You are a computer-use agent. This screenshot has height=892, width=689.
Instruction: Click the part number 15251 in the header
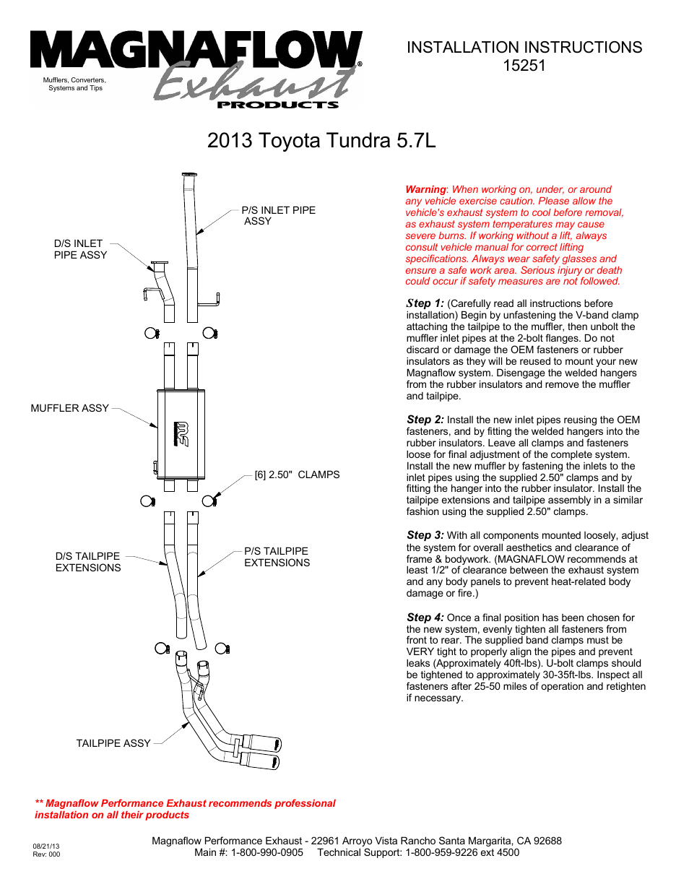coord(524,66)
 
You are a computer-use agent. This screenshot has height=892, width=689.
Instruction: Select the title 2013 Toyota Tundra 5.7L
coord(321,140)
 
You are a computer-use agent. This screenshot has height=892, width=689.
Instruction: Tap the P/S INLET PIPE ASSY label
coord(278,215)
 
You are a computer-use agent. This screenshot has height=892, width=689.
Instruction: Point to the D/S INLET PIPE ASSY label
coord(80,249)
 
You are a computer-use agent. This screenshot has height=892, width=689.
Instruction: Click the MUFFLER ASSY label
coord(69,408)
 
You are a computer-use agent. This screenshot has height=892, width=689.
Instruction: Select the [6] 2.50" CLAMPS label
coord(297,475)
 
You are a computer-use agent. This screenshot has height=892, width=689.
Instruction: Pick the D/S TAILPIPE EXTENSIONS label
coord(88,562)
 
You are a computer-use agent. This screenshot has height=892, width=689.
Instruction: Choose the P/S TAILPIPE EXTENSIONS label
coord(277,557)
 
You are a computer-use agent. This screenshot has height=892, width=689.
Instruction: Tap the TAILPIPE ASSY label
coord(113,743)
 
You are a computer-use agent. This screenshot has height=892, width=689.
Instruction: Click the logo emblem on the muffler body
coord(181,434)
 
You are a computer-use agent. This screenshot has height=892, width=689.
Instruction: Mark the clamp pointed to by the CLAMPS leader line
coord(209,501)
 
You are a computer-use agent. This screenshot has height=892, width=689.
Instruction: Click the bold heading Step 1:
coord(425,303)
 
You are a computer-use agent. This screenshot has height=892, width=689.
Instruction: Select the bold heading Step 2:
coord(425,420)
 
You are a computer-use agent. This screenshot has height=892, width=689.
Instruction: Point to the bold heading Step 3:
coord(425,535)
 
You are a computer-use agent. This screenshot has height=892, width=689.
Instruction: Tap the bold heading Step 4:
coord(425,618)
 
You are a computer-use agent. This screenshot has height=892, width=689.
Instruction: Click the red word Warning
coord(425,189)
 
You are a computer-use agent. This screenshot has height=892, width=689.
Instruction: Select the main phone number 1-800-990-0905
coord(266,852)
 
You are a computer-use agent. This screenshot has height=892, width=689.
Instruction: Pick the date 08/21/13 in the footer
coord(46,846)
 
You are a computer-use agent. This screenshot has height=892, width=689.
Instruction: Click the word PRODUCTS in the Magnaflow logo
coord(277,105)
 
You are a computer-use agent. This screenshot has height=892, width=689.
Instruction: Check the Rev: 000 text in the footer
coord(46,854)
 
